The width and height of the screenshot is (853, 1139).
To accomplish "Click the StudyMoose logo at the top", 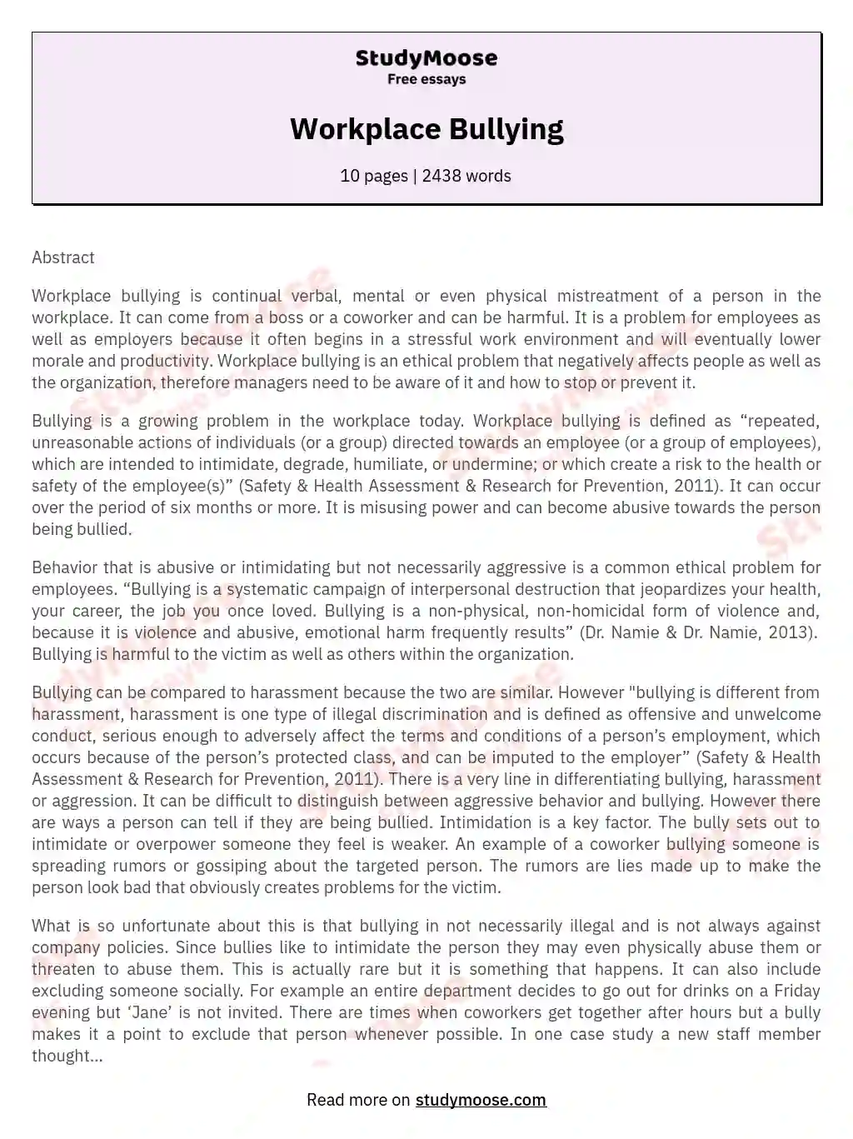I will click(426, 58).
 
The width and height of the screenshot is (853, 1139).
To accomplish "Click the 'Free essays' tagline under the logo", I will click(426, 80).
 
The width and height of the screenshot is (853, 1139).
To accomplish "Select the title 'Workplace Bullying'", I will click(426, 129).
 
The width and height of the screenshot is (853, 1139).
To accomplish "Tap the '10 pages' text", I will click(374, 176).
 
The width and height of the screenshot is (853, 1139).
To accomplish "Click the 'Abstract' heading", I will click(63, 257).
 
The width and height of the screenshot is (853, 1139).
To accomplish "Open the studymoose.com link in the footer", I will click(481, 1100).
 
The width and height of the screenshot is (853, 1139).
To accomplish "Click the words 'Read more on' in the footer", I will click(358, 1100).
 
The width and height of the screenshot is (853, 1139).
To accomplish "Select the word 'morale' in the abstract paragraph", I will click(57, 361).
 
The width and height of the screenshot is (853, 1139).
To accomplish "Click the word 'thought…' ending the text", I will click(67, 1056).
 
